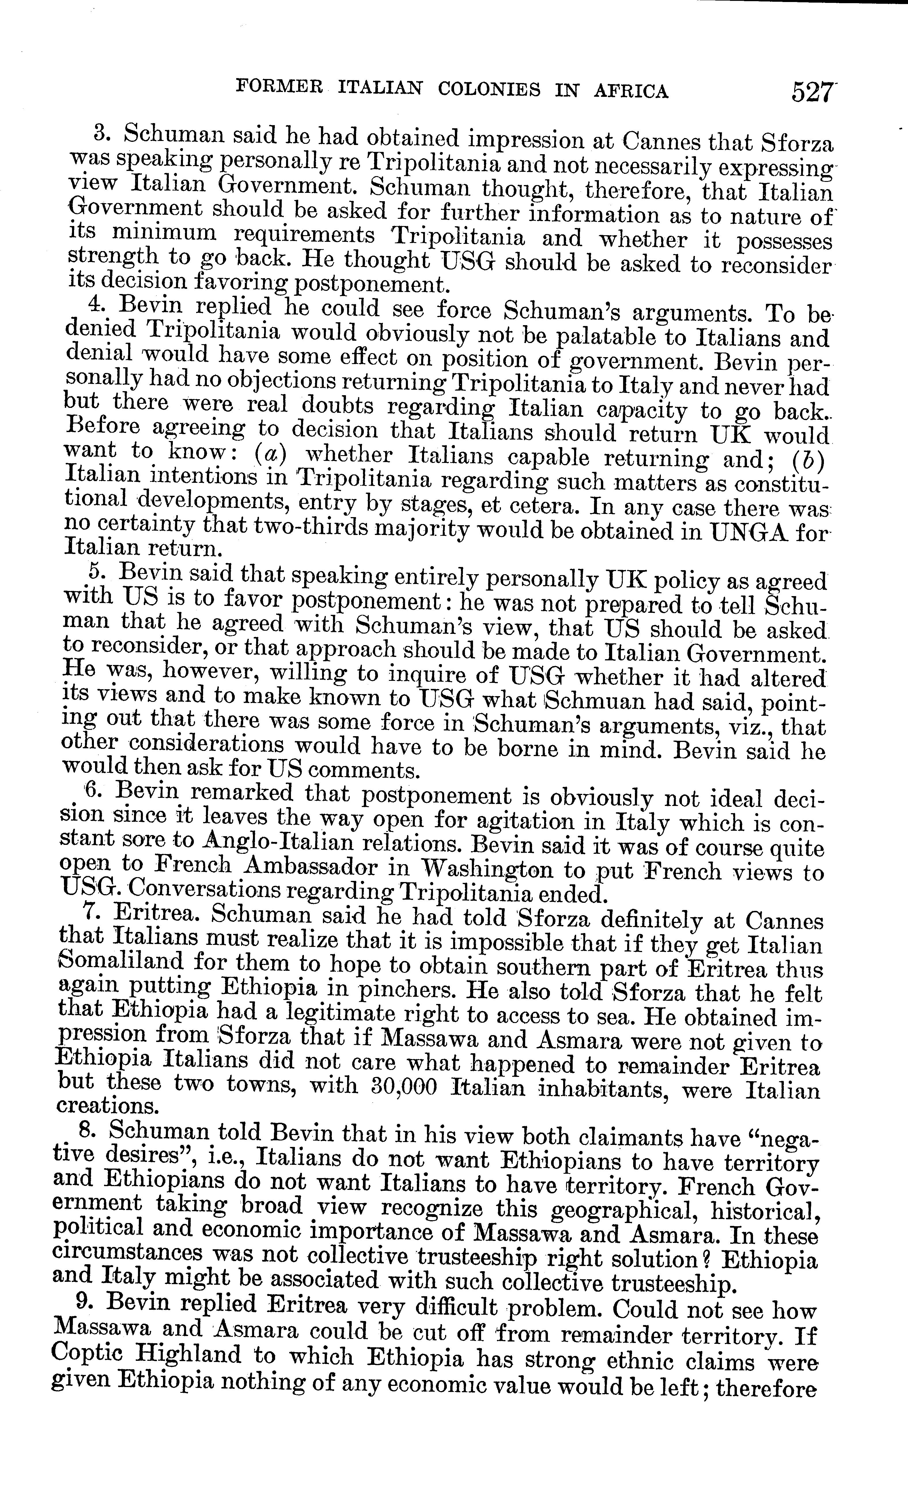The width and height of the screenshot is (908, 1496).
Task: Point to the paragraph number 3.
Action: coord(101,132)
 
